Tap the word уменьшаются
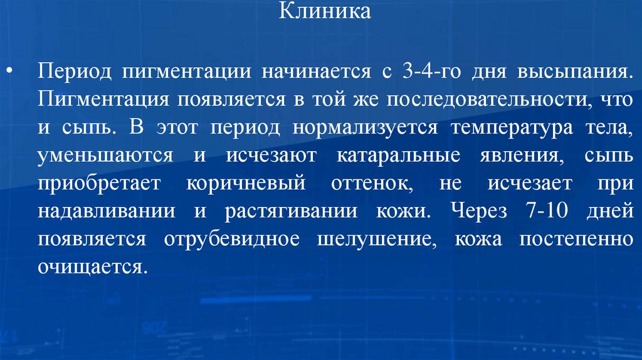click(104, 155)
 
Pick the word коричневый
click(246, 183)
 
